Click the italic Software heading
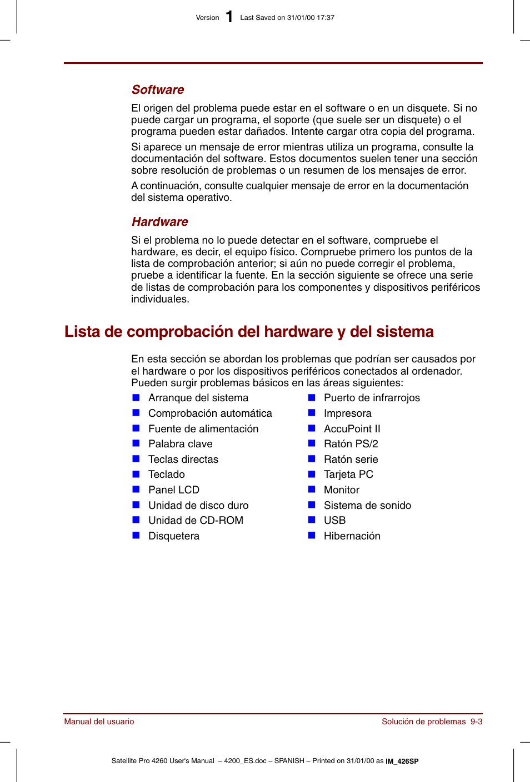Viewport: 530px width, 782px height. pyautogui.click(x=158, y=90)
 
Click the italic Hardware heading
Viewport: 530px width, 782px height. pyautogui.click(x=160, y=222)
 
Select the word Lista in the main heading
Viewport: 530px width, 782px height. pyautogui.click(x=82, y=332)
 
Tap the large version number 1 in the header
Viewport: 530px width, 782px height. pyautogui.click(x=229, y=17)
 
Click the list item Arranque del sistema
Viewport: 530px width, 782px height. pyautogui.click(x=198, y=398)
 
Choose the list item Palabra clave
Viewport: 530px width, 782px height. pyautogui.click(x=180, y=444)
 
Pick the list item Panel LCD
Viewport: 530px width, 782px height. pyautogui.click(x=173, y=490)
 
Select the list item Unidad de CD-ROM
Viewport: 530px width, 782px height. pyautogui.click(x=196, y=521)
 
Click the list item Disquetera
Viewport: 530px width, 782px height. pyautogui.click(x=173, y=536)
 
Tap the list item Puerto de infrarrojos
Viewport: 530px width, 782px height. pyautogui.click(x=372, y=398)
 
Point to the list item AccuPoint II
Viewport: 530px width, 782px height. pyautogui.click(x=352, y=429)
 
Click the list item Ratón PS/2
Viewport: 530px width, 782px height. pyautogui.click(x=351, y=444)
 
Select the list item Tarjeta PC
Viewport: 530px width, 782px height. pyautogui.click(x=348, y=475)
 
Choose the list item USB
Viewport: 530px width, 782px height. pyautogui.click(x=334, y=521)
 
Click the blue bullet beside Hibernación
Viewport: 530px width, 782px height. pyautogui.click(x=312, y=536)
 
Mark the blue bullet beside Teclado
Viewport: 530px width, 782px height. pyautogui.click(x=136, y=474)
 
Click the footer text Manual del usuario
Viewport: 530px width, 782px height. pyautogui.click(x=99, y=722)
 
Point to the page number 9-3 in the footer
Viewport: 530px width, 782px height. pyautogui.click(x=476, y=722)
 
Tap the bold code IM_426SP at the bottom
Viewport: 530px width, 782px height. pyautogui.click(x=402, y=761)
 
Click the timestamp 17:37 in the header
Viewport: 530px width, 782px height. pyautogui.click(x=326, y=18)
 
